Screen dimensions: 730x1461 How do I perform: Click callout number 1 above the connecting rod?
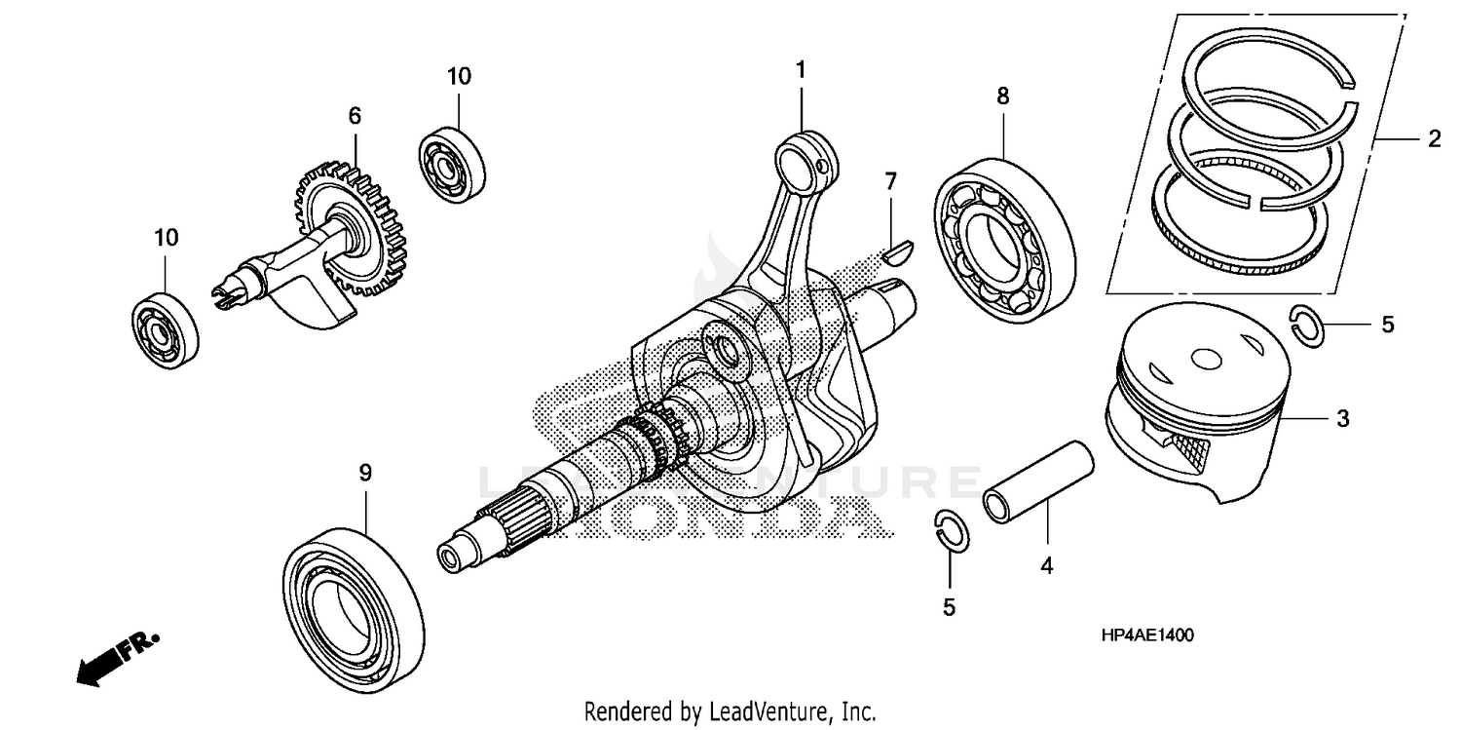pos(801,70)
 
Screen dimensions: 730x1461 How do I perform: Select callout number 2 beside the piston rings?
pos(1433,139)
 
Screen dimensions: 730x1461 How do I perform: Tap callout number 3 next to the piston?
pos(1342,419)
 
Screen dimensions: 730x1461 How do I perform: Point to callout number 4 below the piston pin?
pos(1046,564)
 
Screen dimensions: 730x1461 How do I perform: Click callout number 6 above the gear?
pos(355,116)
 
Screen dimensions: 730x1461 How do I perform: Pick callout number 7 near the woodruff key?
pos(890,181)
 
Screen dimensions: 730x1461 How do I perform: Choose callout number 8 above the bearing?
pos(1003,96)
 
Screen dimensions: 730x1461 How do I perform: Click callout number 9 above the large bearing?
pos(365,473)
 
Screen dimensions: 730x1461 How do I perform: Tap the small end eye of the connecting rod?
pos(805,157)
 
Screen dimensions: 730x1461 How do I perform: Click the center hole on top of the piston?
pos(1205,360)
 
